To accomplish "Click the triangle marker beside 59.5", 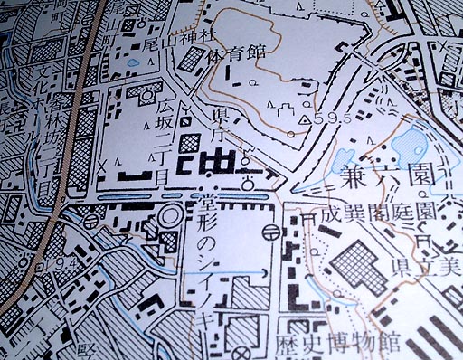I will (x=306, y=118).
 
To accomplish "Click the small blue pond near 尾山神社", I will (x=135, y=63).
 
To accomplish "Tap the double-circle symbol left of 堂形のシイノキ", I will (x=168, y=218).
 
